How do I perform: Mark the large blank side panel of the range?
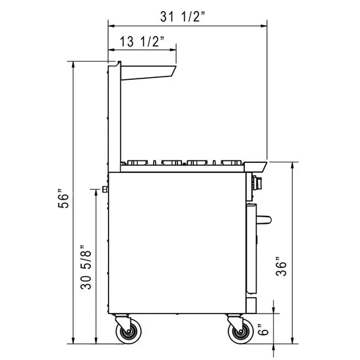(x=177, y=242)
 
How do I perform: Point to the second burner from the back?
(x=171, y=162)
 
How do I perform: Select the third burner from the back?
(x=199, y=162)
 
